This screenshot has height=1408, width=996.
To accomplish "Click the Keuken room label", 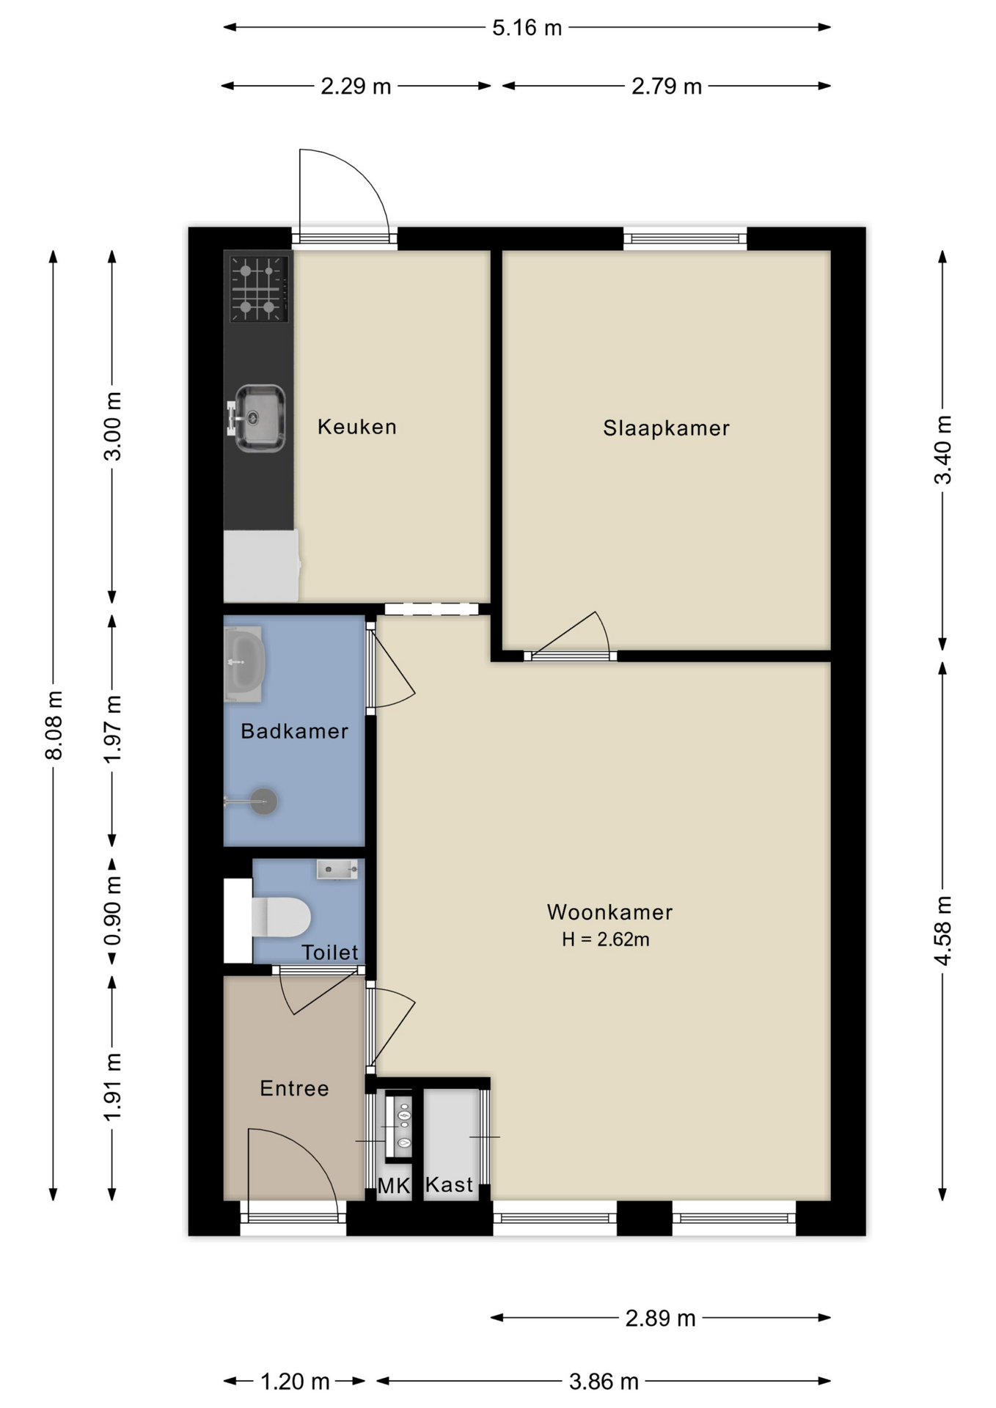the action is (356, 427).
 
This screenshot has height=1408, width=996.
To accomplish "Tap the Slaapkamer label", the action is (666, 428).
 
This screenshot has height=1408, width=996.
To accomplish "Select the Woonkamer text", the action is (609, 912).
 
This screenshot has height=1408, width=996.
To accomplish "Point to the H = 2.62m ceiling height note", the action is (606, 939).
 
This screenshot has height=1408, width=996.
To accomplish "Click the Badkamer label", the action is (294, 731).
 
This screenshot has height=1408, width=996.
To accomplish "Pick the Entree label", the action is (294, 1088).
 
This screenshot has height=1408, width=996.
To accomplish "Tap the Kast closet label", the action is (449, 1184).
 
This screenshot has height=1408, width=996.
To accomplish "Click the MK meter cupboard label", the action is (394, 1186).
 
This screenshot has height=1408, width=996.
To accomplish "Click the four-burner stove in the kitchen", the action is (258, 289).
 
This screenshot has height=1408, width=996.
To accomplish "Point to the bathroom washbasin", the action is (243, 664).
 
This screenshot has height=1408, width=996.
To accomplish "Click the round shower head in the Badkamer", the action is (263, 802).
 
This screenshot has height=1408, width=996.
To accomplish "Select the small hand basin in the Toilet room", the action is (337, 870).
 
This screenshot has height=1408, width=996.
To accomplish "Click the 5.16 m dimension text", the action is (527, 28).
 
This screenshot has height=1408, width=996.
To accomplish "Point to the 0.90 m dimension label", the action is (112, 912).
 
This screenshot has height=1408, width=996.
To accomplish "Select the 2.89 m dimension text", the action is (660, 1319).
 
